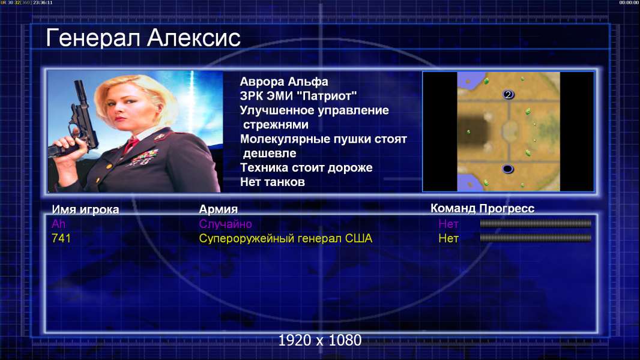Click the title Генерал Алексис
pos(143,38)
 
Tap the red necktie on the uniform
pos(131,145)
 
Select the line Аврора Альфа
pos(283,82)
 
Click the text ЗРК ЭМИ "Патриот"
pos(298,96)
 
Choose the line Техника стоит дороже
pos(306,167)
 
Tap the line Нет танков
pos(272,182)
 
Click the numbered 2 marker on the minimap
pos(508,95)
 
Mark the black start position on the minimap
pos(507,169)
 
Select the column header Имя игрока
pos(85,209)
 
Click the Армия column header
pos(218,209)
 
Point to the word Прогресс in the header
pos(507,208)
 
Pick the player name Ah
pos(58,224)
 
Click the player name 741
pos(61,238)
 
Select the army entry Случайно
pos(225,224)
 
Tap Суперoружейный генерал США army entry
pos(285,238)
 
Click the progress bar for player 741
pos(536,238)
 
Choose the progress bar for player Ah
pos(536,223)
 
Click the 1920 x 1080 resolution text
pos(319,340)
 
